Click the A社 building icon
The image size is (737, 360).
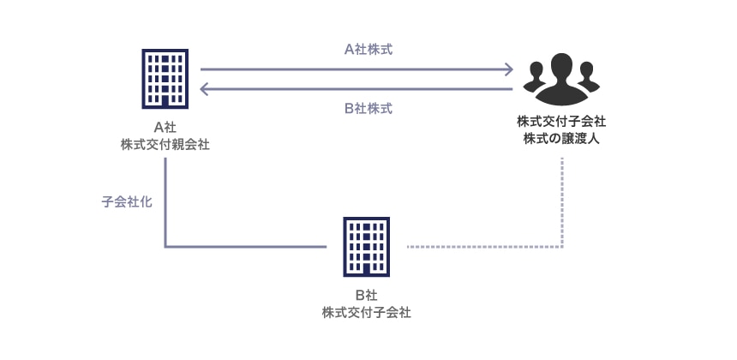(165, 78)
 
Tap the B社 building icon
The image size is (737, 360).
(366, 246)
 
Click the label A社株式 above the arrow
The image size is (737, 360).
(368, 50)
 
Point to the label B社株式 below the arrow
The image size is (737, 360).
(368, 109)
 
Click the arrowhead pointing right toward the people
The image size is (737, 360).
(508, 69)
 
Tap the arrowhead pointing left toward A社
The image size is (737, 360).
(205, 89)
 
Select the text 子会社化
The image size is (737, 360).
(127, 204)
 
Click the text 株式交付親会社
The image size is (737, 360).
(165, 145)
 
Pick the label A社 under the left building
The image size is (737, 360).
(165, 128)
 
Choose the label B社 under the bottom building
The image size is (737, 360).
(366, 296)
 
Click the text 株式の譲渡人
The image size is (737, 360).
(561, 139)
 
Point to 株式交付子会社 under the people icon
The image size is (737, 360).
(561, 122)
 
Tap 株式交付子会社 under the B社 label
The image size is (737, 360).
(366, 313)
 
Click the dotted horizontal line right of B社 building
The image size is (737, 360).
(480, 247)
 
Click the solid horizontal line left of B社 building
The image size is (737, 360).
(244, 247)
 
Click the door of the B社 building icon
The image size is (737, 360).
(366, 269)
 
